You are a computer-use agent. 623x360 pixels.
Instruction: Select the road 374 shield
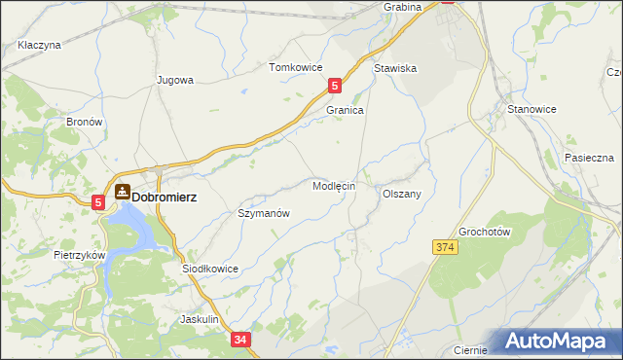point(445,248)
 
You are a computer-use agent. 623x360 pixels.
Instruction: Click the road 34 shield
point(242,340)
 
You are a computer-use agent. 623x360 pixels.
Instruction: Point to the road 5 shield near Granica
point(335,86)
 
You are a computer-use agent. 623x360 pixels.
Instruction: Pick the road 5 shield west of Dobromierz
point(99,201)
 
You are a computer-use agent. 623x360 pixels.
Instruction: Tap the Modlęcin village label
point(334,185)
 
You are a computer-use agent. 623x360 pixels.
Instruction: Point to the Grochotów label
point(485,232)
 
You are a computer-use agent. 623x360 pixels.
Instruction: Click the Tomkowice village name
point(295,68)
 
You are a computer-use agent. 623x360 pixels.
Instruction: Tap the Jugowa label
point(176,80)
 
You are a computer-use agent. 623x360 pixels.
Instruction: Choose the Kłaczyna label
point(39,45)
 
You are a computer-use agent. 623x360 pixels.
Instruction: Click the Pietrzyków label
point(79,254)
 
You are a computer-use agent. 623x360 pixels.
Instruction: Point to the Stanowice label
point(530,110)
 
